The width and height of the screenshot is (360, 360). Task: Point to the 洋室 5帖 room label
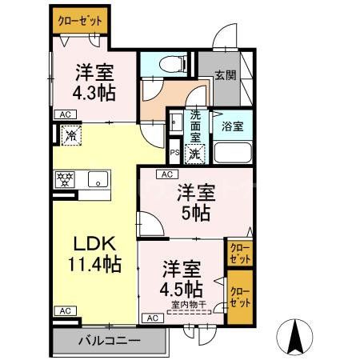196,202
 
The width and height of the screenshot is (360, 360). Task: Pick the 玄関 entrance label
225,76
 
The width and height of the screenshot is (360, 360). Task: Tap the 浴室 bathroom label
233,126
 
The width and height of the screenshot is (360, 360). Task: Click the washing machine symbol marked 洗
195,152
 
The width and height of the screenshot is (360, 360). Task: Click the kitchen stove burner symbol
64,178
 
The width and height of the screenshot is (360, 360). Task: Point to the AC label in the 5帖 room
167,174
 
